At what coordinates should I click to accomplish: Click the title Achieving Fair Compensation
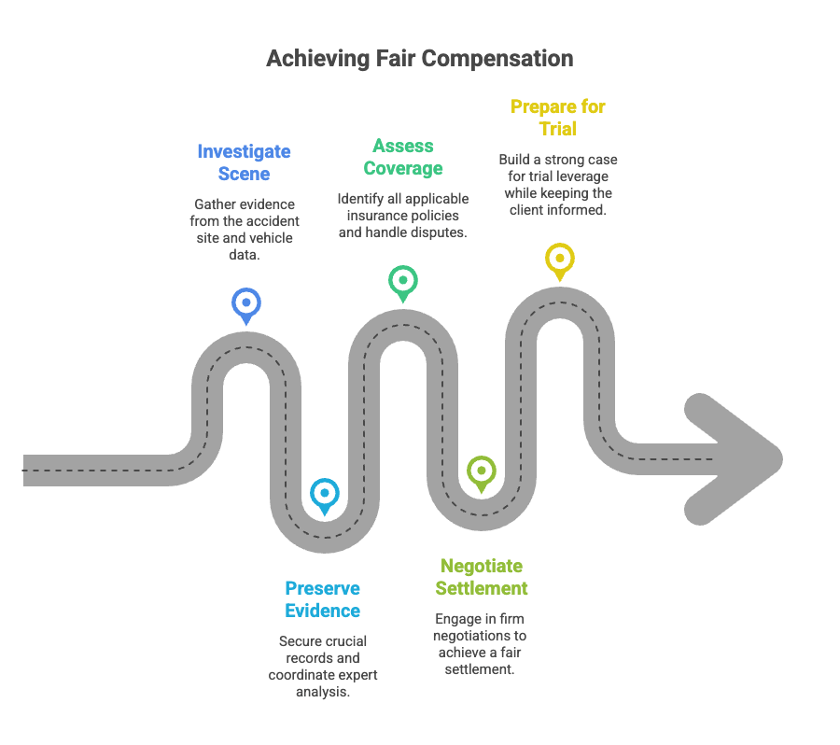click(419, 58)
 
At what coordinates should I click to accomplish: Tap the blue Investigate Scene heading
click(244, 162)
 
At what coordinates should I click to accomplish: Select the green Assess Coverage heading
click(403, 157)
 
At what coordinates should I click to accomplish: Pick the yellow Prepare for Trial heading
click(557, 118)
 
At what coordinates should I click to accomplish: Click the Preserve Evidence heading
click(322, 599)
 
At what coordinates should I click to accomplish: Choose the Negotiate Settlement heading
click(483, 577)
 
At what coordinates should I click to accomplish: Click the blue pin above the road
click(246, 303)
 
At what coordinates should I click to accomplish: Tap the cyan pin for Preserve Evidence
click(324, 494)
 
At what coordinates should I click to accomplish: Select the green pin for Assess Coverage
click(403, 280)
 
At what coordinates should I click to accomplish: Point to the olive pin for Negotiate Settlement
click(481, 471)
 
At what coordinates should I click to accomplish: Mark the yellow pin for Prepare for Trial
click(559, 259)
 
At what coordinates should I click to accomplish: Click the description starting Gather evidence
click(245, 229)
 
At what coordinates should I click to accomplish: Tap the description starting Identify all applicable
click(403, 216)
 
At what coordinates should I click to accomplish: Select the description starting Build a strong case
click(557, 185)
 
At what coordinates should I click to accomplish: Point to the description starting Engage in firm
click(481, 644)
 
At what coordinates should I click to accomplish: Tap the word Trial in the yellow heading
click(557, 129)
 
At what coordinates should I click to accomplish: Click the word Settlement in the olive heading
click(483, 588)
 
